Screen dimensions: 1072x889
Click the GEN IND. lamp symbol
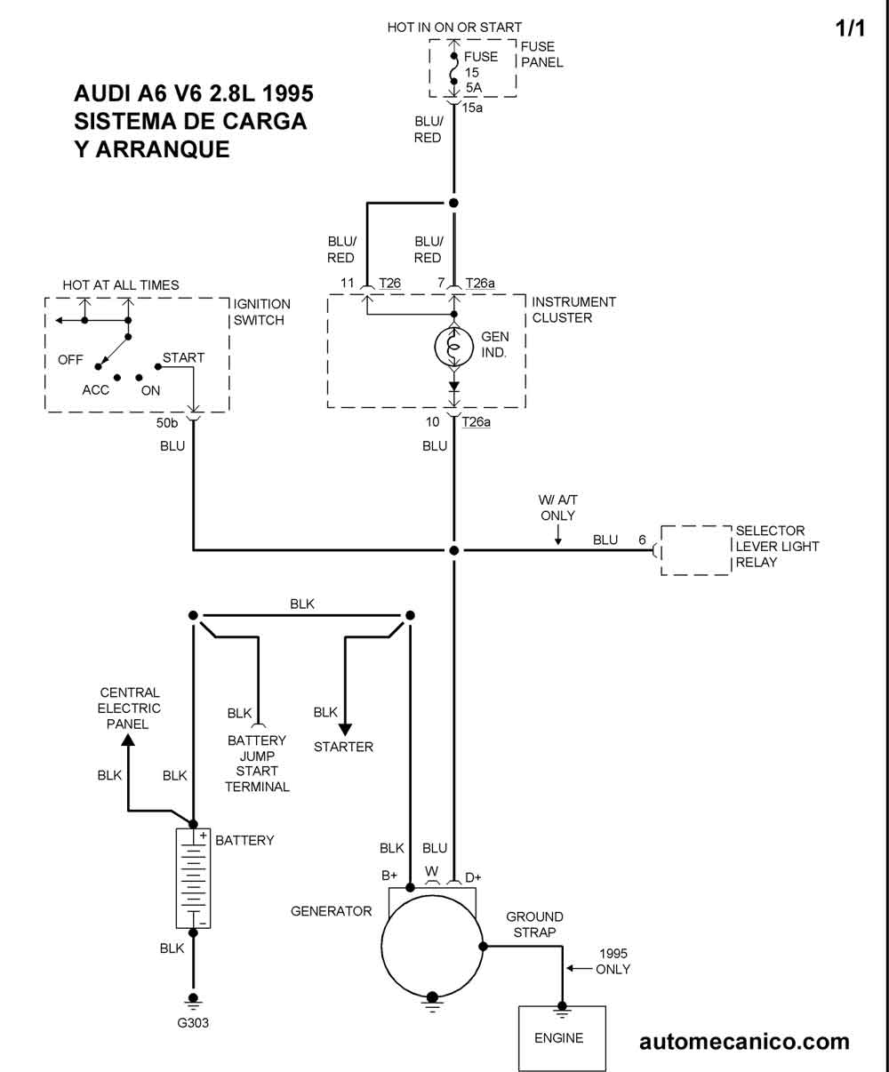pos(454,348)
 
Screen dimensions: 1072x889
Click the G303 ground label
pos(193,1022)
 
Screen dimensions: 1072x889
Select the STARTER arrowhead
pos(345,730)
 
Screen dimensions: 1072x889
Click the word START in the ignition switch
pos(183,358)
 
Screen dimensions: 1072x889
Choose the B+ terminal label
pos(389,876)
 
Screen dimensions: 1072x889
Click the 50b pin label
pos(168,423)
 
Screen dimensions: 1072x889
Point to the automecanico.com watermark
pos(744,1042)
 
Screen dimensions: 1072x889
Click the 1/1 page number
pos(850,28)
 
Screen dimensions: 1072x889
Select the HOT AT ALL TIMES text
pos(121,285)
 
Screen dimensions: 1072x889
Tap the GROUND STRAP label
pos(534,924)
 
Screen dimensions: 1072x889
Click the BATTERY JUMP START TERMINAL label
pos(257,764)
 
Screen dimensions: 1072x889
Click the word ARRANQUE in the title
pos(164,148)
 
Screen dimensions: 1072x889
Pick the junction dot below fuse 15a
pos(453,203)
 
